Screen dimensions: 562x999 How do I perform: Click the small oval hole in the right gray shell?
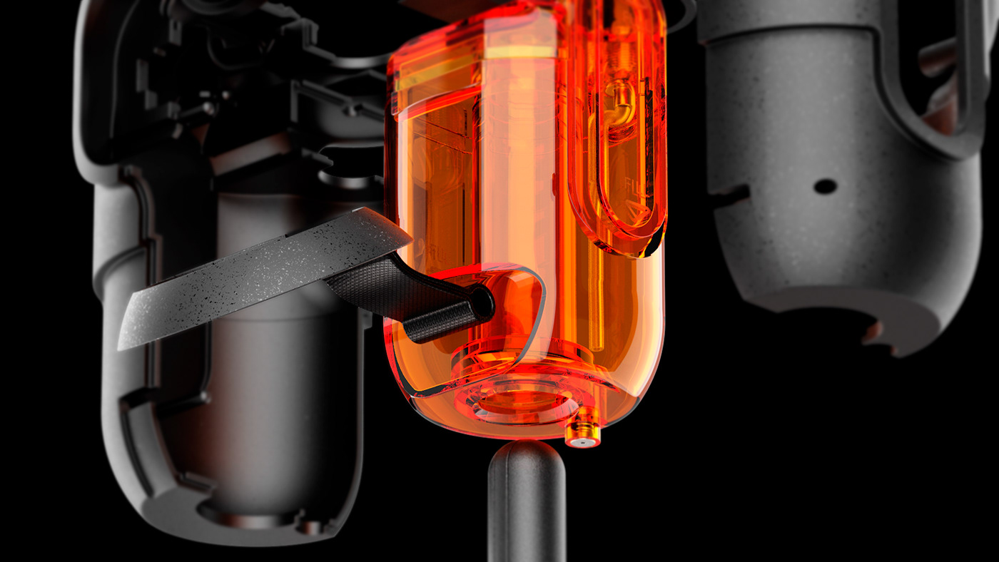click(825, 186)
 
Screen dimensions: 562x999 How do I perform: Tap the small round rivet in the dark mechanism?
click(351, 111)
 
